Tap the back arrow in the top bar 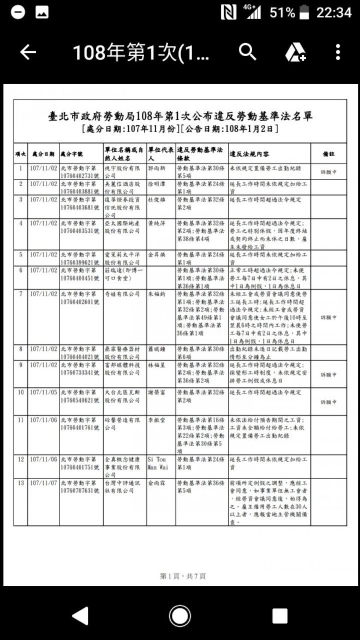[x=28, y=52]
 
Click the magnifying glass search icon [x=248, y=52]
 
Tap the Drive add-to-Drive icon [x=295, y=52]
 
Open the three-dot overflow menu [x=338, y=52]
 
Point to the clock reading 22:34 [x=334, y=12]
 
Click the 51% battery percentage [x=282, y=12]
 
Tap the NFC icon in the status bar [x=229, y=12]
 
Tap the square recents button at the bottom [x=280, y=616]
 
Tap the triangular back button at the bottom [x=80, y=616]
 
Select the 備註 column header [x=328, y=154]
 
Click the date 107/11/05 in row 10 [x=43, y=392]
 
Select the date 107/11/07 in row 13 [x=43, y=483]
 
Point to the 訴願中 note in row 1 [x=328, y=172]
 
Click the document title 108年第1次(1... [x=140, y=52]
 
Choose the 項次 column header [x=21, y=154]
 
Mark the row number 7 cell [x=21, y=294]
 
